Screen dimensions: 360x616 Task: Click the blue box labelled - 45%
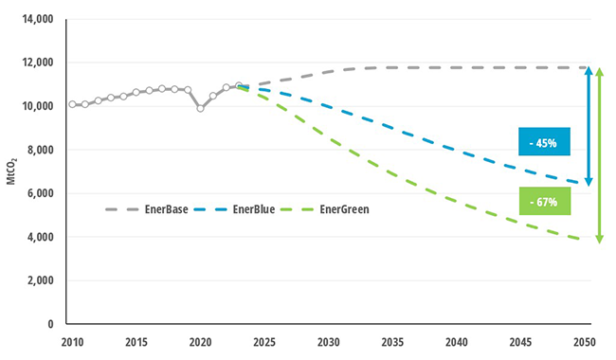pyautogui.click(x=545, y=143)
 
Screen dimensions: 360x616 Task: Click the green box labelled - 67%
pyautogui.click(x=545, y=202)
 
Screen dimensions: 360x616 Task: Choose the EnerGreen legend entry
pyautogui.click(x=322, y=208)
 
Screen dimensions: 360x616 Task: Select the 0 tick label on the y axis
pyautogui.click(x=49, y=324)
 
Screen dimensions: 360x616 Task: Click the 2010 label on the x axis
pyautogui.click(x=72, y=341)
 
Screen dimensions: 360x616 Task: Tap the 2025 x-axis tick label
pyautogui.click(x=264, y=341)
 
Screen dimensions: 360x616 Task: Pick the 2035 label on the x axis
pyautogui.click(x=393, y=341)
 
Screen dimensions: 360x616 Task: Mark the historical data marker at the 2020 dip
pyautogui.click(x=200, y=108)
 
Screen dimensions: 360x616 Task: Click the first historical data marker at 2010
pyautogui.click(x=72, y=104)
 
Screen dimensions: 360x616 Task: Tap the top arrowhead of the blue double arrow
pyautogui.click(x=589, y=71)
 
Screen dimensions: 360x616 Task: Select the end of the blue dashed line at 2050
pyautogui.click(x=585, y=183)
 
